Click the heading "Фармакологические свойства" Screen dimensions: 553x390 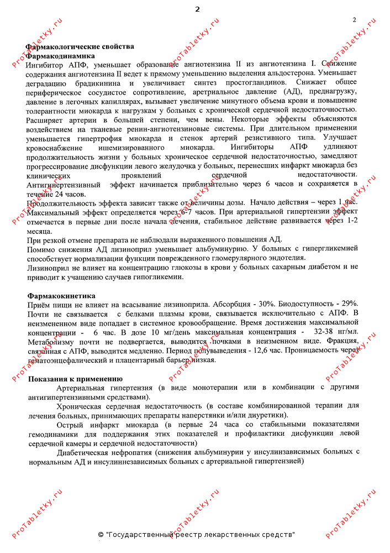point(80,47)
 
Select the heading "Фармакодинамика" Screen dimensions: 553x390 point(60,56)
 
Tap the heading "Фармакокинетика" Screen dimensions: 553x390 point(61,296)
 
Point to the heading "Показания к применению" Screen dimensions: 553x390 point(75,379)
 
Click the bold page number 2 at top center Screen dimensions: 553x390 point(197,9)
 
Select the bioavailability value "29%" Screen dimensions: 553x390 point(350,305)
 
